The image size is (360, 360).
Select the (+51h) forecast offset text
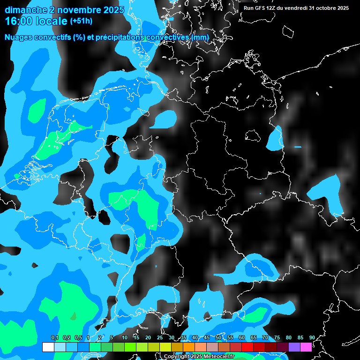pyautogui.click(x=81, y=21)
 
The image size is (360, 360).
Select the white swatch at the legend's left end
pyautogui.click(x=48, y=347)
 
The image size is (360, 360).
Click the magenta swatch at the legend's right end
pyautogui.click(x=306, y=347)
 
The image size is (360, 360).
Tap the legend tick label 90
pyautogui.click(x=312, y=337)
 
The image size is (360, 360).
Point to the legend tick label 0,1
pyautogui.click(x=55, y=337)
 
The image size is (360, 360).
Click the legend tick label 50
pyautogui.click(x=218, y=337)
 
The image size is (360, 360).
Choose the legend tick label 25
pyautogui.click(x=160, y=337)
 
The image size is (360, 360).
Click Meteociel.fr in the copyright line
pyautogui.click(x=220, y=357)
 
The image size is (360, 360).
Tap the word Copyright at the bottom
pyautogui.click(x=178, y=357)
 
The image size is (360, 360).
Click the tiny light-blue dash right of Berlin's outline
pyautogui.click(x=298, y=147)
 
